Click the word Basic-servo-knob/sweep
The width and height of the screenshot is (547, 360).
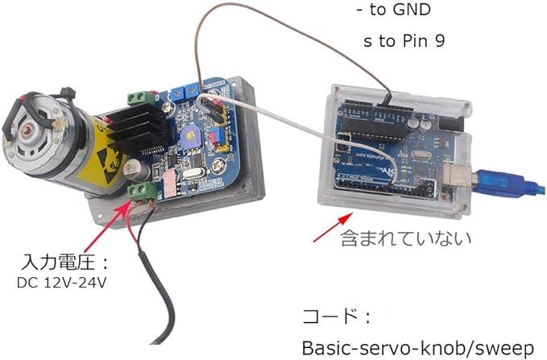click(x=418, y=348)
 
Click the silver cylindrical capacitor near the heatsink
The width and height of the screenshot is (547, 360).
click(x=134, y=168)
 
